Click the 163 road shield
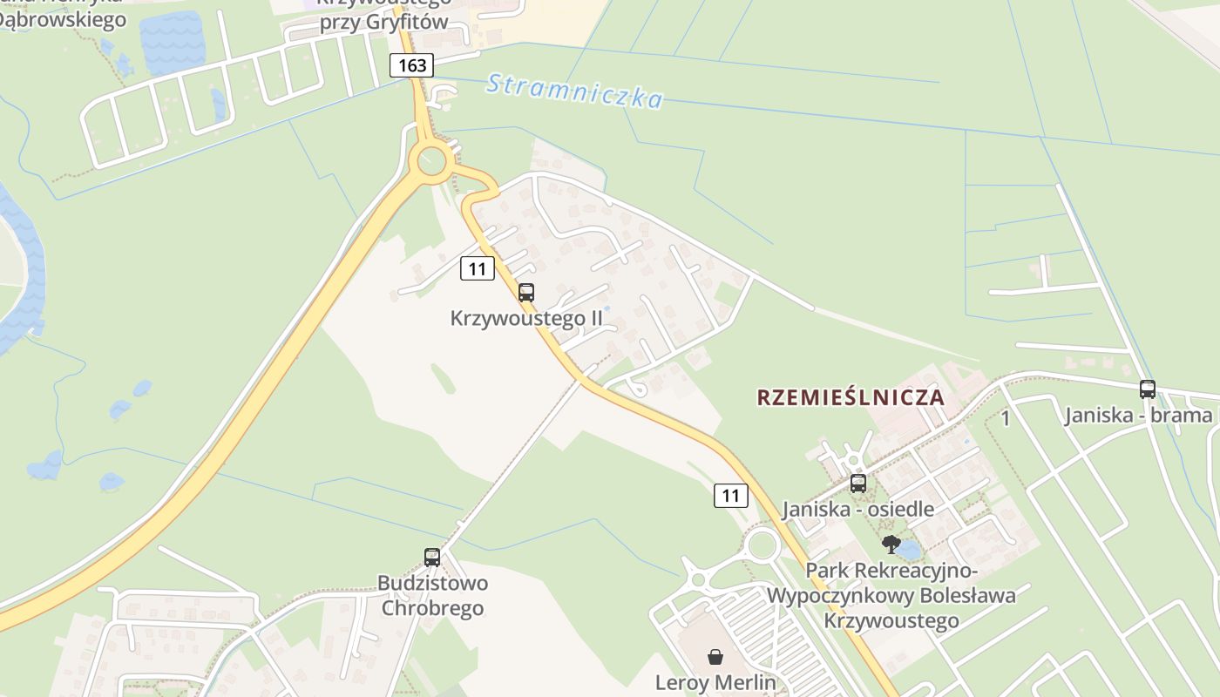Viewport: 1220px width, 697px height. click(x=411, y=65)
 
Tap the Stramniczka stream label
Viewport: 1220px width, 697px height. click(x=574, y=91)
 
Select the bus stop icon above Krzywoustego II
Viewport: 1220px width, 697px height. click(x=526, y=293)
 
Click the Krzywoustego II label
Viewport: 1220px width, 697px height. click(x=526, y=318)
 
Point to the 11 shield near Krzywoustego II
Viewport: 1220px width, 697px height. click(x=477, y=268)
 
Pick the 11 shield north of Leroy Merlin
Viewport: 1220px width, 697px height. click(x=730, y=496)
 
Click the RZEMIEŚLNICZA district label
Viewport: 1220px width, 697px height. click(x=851, y=397)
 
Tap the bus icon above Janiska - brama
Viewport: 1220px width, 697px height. click(x=1148, y=389)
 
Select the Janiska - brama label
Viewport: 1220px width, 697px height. click(x=1138, y=415)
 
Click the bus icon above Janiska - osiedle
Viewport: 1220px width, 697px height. click(x=858, y=484)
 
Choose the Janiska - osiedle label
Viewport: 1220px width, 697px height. click(x=858, y=509)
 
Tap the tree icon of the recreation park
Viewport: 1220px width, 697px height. click(x=891, y=545)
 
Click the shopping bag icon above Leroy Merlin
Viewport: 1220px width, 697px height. click(x=715, y=657)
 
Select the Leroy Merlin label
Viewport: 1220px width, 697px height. click(x=715, y=682)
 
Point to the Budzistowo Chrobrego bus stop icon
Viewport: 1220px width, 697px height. click(x=432, y=558)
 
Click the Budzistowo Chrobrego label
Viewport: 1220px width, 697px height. click(x=432, y=595)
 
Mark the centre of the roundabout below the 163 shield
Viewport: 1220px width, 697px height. click(x=432, y=160)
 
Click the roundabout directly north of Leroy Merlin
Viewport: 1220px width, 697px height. click(x=762, y=546)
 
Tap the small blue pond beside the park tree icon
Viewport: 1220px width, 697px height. click(x=909, y=550)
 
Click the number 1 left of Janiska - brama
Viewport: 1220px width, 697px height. click(x=1006, y=419)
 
